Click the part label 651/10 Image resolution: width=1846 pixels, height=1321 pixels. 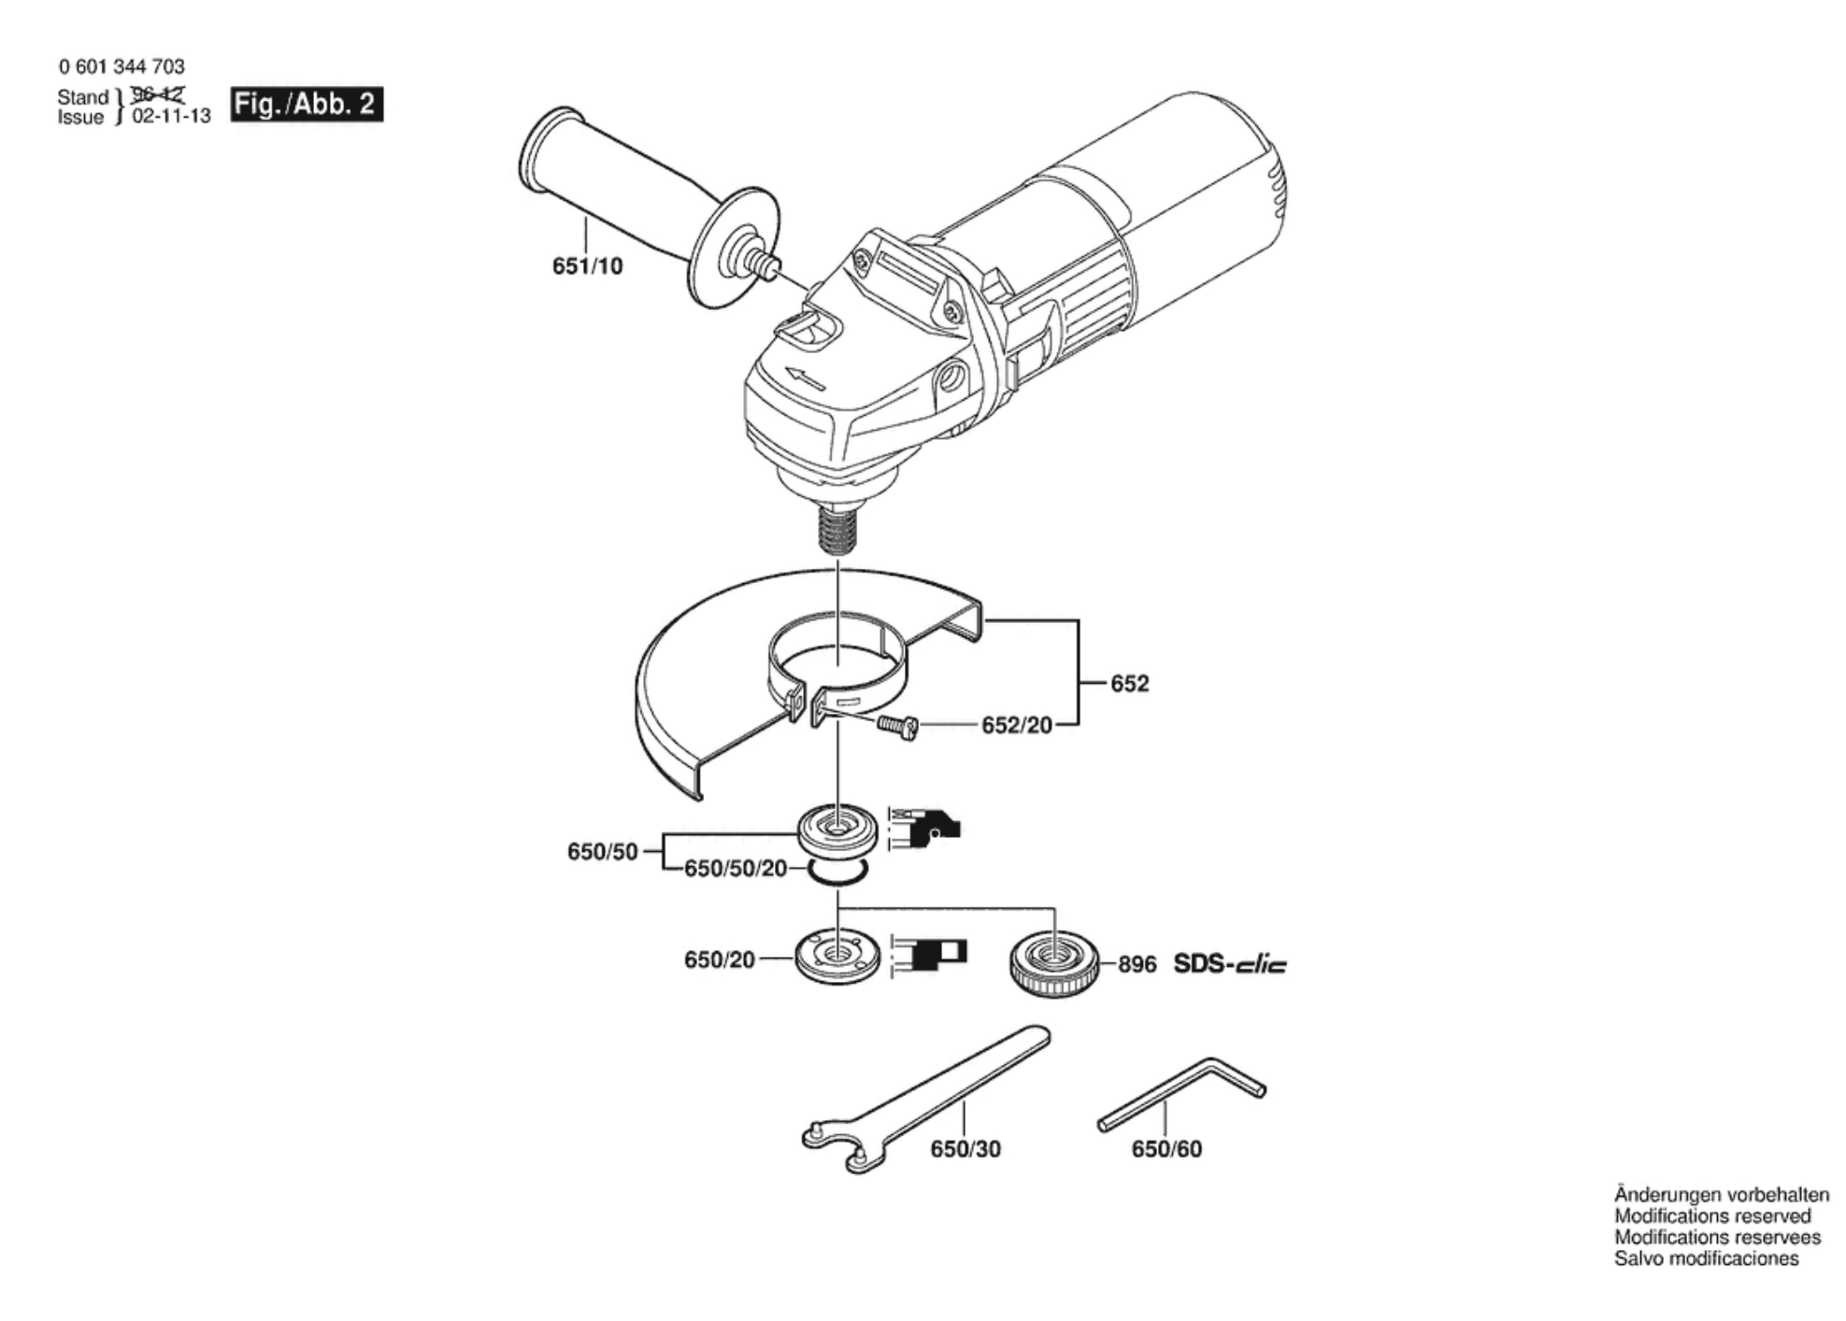point(587,266)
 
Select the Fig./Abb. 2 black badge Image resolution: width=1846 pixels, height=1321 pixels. point(308,104)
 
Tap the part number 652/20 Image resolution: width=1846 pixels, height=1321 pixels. point(1017,725)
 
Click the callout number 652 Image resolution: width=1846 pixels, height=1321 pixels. point(1129,684)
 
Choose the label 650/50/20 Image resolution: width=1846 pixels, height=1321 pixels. point(736,869)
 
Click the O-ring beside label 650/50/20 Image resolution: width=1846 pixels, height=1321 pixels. point(838,872)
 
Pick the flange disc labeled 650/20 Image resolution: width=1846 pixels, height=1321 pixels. point(837,955)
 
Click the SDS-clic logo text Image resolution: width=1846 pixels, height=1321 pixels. point(1230,963)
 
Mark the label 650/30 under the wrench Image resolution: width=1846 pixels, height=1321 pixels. point(966,1149)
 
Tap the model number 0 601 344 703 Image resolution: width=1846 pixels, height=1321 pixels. point(122,66)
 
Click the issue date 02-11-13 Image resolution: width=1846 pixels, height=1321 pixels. point(171,117)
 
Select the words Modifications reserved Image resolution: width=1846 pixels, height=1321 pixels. point(1712,1216)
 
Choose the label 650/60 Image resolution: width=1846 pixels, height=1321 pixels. point(1166,1149)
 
